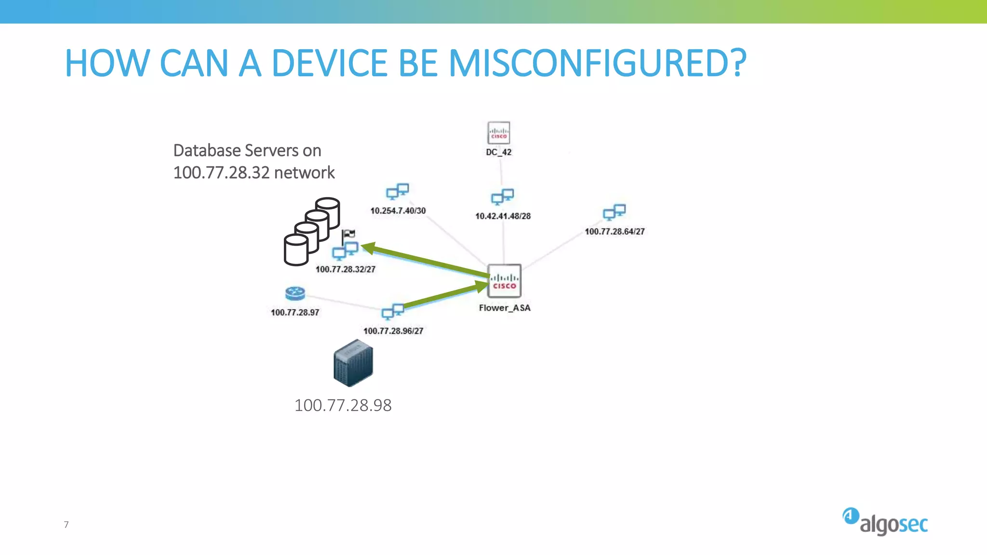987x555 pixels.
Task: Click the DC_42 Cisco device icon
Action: [499, 132]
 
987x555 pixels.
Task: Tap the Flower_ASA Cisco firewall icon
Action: [504, 281]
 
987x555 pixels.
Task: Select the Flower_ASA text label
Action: [505, 308]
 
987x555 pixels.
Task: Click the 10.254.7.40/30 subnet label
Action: [398, 211]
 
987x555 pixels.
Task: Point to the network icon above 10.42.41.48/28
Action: [502, 197]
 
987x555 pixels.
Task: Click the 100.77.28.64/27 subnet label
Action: [614, 231]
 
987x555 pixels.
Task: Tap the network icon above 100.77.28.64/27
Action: [614, 212]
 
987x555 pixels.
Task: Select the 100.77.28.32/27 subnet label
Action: [346, 269]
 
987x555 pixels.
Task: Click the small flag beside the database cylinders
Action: [349, 235]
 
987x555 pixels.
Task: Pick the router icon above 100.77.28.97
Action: [295, 293]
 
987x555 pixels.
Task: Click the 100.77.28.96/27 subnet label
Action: [393, 331]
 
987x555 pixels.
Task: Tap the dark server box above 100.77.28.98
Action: [353, 363]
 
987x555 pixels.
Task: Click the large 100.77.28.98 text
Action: [343, 405]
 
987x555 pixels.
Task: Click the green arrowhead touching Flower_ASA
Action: [481, 287]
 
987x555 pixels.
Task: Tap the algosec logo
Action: [885, 522]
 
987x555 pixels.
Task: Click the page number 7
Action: [67, 525]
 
